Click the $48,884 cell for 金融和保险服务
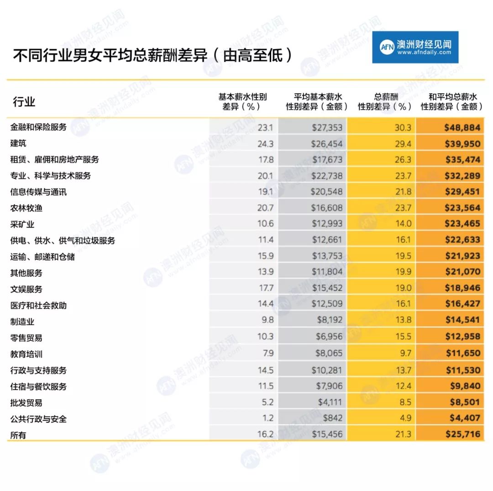click(462, 127)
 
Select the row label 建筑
click(18, 143)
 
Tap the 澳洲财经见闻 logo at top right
click(415, 47)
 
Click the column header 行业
click(24, 101)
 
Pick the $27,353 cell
click(326, 127)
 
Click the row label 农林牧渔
click(26, 208)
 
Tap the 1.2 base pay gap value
click(268, 418)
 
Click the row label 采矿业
click(22, 224)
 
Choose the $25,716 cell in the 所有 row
click(462, 434)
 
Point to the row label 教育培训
click(26, 354)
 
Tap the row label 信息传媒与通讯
click(38, 192)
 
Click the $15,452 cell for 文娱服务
click(326, 289)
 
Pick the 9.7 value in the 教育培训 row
click(405, 354)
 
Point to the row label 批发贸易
click(26, 403)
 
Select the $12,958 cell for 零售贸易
click(462, 337)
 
